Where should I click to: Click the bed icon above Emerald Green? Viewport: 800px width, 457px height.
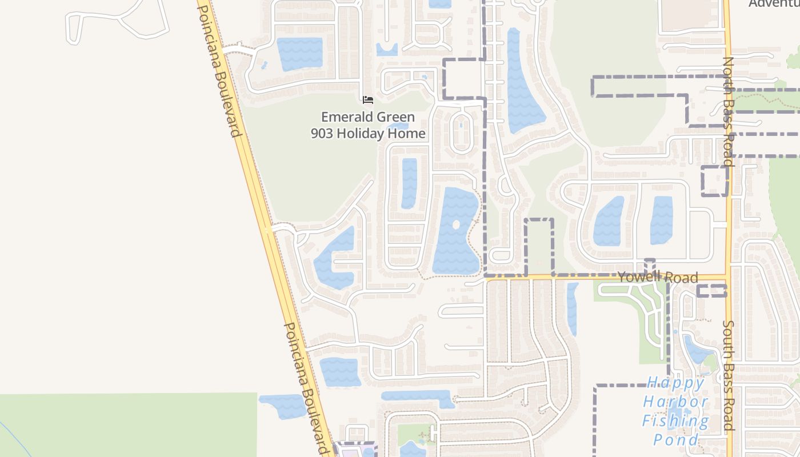click(368, 100)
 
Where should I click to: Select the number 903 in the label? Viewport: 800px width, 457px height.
click(323, 134)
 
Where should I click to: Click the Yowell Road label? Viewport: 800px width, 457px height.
click(658, 278)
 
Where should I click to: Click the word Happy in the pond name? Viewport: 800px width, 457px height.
click(675, 382)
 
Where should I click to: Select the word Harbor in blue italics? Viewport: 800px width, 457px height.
click(675, 402)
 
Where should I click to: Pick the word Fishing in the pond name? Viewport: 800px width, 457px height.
click(675, 422)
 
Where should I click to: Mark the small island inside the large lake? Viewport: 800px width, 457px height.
click(456, 225)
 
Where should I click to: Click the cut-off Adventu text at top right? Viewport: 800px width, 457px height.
click(774, 4)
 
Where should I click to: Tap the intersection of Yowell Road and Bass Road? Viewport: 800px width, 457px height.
click(728, 278)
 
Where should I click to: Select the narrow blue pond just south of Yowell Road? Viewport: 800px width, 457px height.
click(572, 308)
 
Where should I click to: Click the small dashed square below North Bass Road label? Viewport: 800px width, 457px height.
click(714, 181)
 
